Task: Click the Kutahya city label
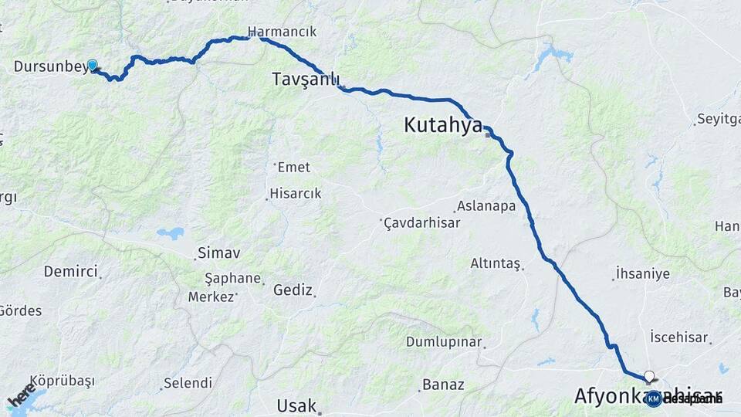pyautogui.click(x=442, y=125)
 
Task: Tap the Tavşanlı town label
pyautogui.click(x=306, y=80)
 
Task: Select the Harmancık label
pyautogui.click(x=282, y=32)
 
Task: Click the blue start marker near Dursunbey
pyautogui.click(x=93, y=66)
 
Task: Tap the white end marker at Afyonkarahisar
pyautogui.click(x=649, y=378)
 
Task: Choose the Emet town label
pyautogui.click(x=293, y=167)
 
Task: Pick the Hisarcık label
pyautogui.click(x=295, y=194)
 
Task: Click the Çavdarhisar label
pyautogui.click(x=423, y=222)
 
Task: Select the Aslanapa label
pyautogui.click(x=486, y=206)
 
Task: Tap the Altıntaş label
pyautogui.click(x=496, y=263)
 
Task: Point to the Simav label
pyautogui.click(x=219, y=253)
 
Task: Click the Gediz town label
pyautogui.click(x=293, y=290)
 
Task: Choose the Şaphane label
pyautogui.click(x=232, y=278)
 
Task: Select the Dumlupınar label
pyautogui.click(x=444, y=342)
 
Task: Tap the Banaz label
pyautogui.click(x=443, y=384)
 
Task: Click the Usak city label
pyautogui.click(x=297, y=405)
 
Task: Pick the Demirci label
pyautogui.click(x=70, y=271)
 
